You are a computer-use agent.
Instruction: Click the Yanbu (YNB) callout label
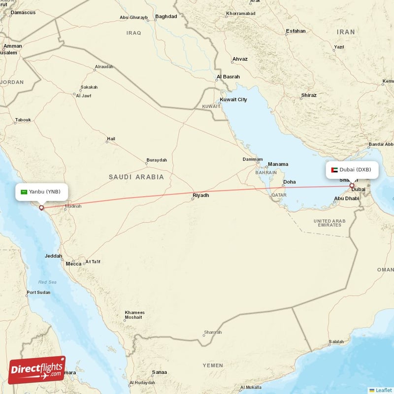(41, 192)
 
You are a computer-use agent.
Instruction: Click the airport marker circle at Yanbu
(41, 208)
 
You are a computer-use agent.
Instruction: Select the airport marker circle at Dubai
(352, 186)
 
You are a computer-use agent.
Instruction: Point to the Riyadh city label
(200, 196)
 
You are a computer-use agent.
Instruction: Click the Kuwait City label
(233, 99)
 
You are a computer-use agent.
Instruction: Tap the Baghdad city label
(165, 16)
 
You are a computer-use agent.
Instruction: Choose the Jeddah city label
(53, 256)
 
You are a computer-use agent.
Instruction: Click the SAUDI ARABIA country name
(136, 176)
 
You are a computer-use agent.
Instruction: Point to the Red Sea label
(48, 282)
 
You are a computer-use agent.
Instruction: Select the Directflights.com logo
(37, 370)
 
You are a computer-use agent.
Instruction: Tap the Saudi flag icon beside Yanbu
(24, 192)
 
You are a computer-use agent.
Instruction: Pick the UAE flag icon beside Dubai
(334, 170)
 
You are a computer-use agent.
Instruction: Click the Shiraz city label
(308, 95)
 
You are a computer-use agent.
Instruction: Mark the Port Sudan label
(38, 293)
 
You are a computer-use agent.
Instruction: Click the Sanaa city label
(160, 372)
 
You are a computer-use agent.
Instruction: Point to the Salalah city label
(336, 341)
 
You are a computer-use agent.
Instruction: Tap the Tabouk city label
(23, 120)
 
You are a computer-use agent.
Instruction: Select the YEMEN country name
(213, 365)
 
